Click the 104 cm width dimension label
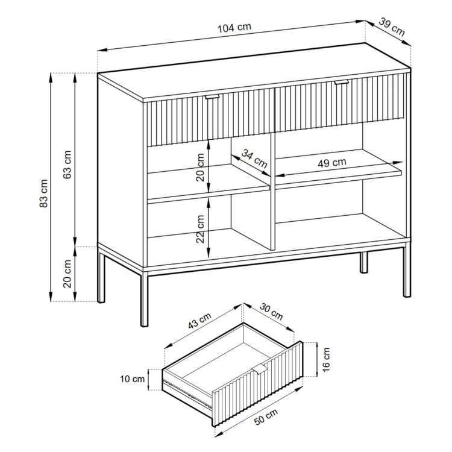(x=234, y=28)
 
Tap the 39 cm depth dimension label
(x=392, y=27)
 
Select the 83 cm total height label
(x=43, y=193)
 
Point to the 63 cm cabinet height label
(x=67, y=165)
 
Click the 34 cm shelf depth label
(x=254, y=159)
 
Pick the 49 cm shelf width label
(x=332, y=163)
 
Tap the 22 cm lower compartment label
(x=200, y=229)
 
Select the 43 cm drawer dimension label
(x=199, y=321)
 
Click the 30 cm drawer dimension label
(x=271, y=312)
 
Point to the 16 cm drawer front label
(x=325, y=359)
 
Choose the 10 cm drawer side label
(x=133, y=379)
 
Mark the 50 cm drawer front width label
(x=266, y=417)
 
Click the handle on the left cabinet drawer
(x=212, y=97)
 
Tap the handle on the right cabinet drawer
(x=341, y=83)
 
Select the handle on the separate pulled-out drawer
(x=260, y=369)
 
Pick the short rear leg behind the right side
(x=364, y=262)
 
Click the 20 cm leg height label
(x=67, y=274)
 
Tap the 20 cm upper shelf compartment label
(x=200, y=167)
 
